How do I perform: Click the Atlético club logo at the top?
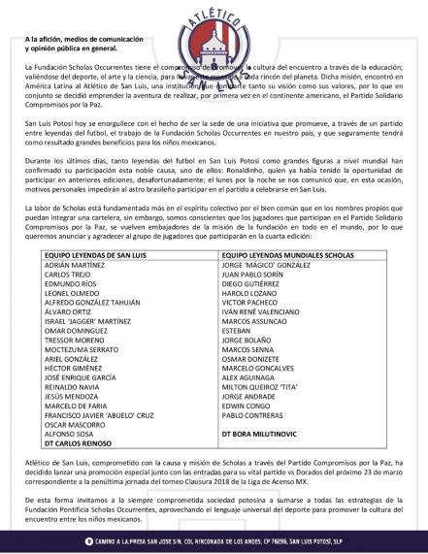(214, 37)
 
